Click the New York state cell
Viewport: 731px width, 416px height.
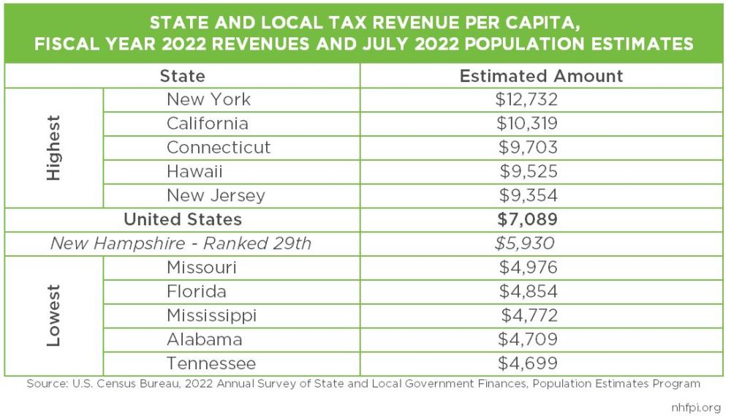pyautogui.click(x=208, y=99)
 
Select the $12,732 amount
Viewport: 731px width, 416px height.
pyautogui.click(x=526, y=99)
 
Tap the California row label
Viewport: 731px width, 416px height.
pyautogui.click(x=207, y=124)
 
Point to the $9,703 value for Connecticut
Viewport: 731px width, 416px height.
pyautogui.click(x=528, y=148)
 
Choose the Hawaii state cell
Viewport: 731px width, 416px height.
pyautogui.click(x=194, y=172)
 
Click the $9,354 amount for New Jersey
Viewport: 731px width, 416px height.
pyautogui.click(x=528, y=196)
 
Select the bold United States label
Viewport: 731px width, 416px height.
pyautogui.click(x=182, y=219)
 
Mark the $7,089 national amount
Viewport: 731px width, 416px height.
pyautogui.click(x=528, y=219)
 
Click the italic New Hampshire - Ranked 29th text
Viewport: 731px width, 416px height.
pyautogui.click(x=181, y=243)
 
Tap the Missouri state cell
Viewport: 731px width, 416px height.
pyautogui.click(x=202, y=268)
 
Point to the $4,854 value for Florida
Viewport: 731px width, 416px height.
pyautogui.click(x=528, y=292)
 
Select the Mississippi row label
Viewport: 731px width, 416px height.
pyautogui.click(x=211, y=316)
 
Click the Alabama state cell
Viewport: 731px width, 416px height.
pyautogui.click(x=205, y=340)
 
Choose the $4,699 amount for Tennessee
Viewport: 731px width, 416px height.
pyautogui.click(x=528, y=363)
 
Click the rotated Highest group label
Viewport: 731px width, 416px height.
pyautogui.click(x=54, y=148)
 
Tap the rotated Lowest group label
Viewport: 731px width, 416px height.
pyautogui.click(x=54, y=316)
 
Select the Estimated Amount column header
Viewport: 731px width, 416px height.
pyautogui.click(x=541, y=76)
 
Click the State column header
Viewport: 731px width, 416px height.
pyautogui.click(x=182, y=76)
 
